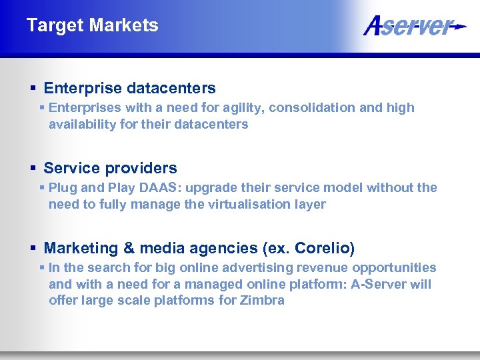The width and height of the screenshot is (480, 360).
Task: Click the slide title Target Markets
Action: click(92, 25)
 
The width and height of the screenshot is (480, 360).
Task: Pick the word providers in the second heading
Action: click(140, 168)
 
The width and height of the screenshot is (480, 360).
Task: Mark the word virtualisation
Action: click(246, 205)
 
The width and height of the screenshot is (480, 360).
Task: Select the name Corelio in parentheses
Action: click(323, 249)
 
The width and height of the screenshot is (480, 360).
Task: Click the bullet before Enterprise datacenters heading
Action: click(33, 89)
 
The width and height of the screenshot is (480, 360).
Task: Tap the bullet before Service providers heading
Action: click(33, 169)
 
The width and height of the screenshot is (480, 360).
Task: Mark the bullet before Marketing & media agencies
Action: click(33, 249)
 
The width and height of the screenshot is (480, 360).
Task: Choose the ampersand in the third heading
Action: click(129, 249)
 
